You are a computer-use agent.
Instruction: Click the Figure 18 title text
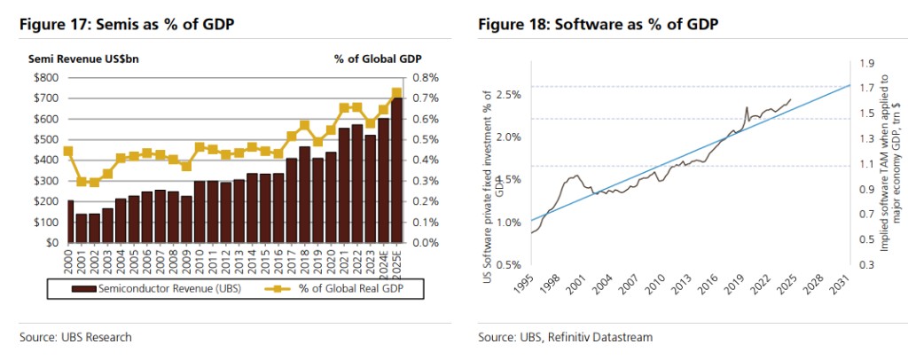point(598,24)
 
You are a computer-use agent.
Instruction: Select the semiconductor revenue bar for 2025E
point(396,169)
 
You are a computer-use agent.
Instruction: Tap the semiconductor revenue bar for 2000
point(70,221)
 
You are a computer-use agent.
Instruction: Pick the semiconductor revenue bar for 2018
point(304,194)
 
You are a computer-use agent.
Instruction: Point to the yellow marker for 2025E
point(396,92)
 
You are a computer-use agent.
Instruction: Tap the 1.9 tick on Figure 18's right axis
point(865,62)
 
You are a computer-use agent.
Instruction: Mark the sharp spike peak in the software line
point(747,107)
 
